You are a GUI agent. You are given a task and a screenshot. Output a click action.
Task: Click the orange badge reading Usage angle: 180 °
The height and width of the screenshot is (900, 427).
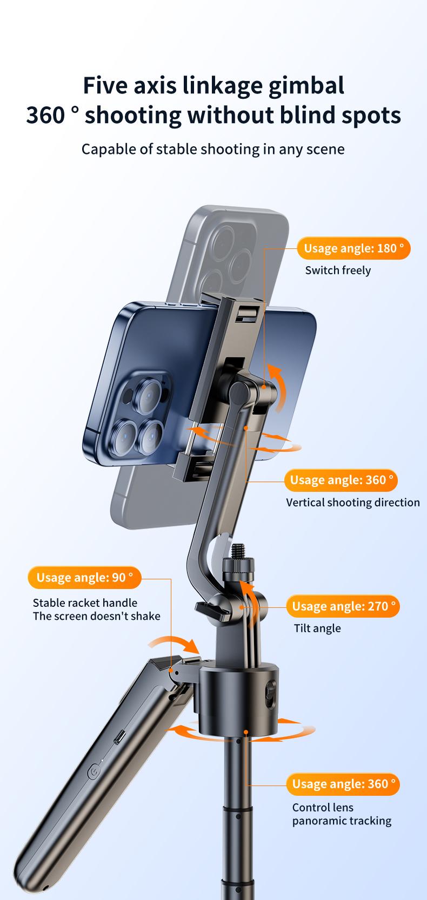pyautogui.click(x=353, y=248)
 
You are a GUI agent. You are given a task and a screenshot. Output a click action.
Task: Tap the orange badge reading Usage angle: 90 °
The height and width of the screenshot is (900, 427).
pyautogui.click(x=84, y=578)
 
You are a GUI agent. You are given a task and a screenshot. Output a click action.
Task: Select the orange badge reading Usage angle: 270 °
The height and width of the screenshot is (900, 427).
pyautogui.click(x=343, y=606)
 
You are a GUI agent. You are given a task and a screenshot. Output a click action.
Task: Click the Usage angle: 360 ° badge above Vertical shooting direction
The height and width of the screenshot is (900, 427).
pyautogui.click(x=341, y=480)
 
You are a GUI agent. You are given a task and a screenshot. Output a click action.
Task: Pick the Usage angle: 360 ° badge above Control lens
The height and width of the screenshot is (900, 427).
pyautogui.click(x=343, y=783)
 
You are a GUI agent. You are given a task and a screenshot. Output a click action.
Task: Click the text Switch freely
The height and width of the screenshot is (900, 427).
pyautogui.click(x=338, y=270)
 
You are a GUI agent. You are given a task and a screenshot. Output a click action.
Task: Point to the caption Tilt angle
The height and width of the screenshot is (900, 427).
pyautogui.click(x=317, y=628)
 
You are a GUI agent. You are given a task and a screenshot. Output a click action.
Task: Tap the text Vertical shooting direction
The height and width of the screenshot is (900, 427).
pyautogui.click(x=352, y=502)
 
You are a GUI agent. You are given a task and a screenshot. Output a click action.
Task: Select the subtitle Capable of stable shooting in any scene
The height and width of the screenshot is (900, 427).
pyautogui.click(x=213, y=149)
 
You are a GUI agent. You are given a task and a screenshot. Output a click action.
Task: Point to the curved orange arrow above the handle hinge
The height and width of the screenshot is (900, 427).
pyautogui.click(x=174, y=642)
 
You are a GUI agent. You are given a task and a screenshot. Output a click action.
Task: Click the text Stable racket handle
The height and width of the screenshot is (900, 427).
pyautogui.click(x=85, y=603)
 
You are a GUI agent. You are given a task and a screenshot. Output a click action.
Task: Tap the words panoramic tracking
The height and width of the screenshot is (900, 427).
pyautogui.click(x=342, y=821)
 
